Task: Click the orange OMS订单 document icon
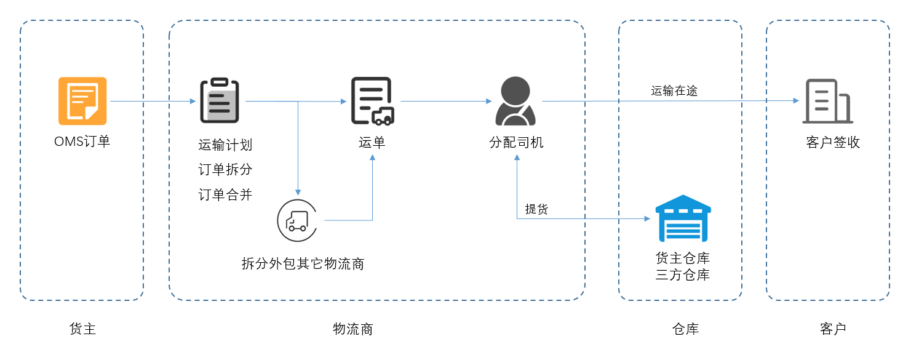tap(82, 100)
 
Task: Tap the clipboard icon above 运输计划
tap(220, 100)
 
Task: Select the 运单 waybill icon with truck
tap(372, 101)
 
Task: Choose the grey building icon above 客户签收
tap(827, 101)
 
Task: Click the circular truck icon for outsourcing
tap(298, 220)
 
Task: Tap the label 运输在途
tap(674, 91)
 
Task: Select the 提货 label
tap(536, 209)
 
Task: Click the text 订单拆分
tap(225, 170)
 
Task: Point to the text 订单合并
tap(225, 194)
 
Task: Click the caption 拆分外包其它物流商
tap(303, 264)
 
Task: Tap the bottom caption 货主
tap(82, 329)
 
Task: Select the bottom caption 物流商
tap(353, 329)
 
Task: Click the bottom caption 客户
tap(833, 329)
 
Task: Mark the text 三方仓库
tap(683, 274)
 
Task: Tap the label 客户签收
tap(833, 143)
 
